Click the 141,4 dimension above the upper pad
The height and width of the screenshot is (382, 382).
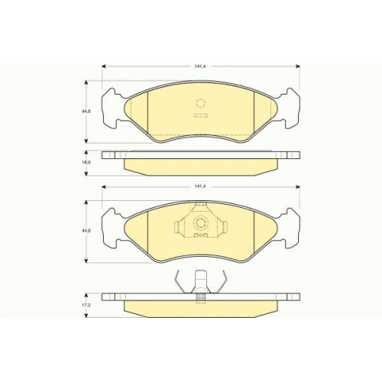click(x=199, y=66)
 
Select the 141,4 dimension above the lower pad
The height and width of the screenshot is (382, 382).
click(x=199, y=186)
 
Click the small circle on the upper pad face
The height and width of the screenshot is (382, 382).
click(x=201, y=104)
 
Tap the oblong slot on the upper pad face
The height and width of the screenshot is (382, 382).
click(x=199, y=115)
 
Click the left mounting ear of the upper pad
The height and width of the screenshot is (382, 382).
click(x=112, y=108)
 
